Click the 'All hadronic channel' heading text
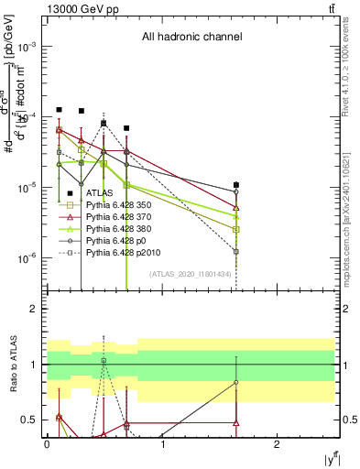[x=191, y=38]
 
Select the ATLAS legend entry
[x=100, y=193]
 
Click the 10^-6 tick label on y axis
[x=28, y=258]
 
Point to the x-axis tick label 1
[x=162, y=443]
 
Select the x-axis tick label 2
[x=277, y=443]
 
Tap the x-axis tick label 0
[x=47, y=443]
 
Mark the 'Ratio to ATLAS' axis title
[x=13, y=365]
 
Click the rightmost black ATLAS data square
[x=236, y=185]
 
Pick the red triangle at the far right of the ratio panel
[x=236, y=423]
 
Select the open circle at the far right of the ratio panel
[x=236, y=382]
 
